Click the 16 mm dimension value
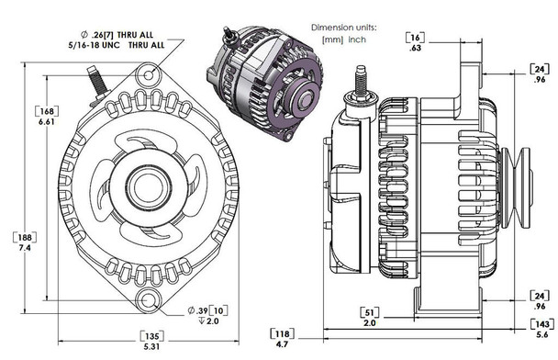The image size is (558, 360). click(x=417, y=39)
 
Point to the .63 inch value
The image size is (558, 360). click(x=417, y=51)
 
